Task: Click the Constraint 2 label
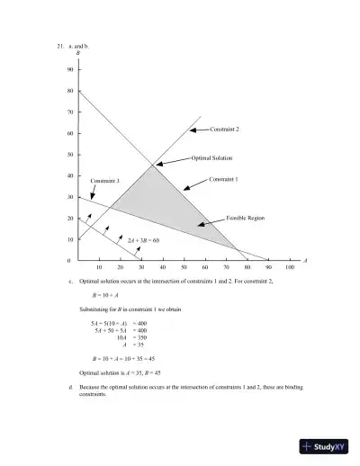[x=224, y=130]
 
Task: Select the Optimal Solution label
[x=212, y=157]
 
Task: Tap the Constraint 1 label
[x=223, y=179]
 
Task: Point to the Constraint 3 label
[x=105, y=181]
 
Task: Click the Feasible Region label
[x=245, y=219]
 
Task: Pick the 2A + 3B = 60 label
[x=143, y=240]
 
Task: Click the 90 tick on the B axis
[x=69, y=69]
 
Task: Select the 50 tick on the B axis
[x=69, y=155]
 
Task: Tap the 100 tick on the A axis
[x=290, y=268]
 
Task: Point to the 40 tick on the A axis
[x=163, y=268]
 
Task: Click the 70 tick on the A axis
[x=226, y=268]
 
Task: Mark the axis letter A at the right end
[x=305, y=261]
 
